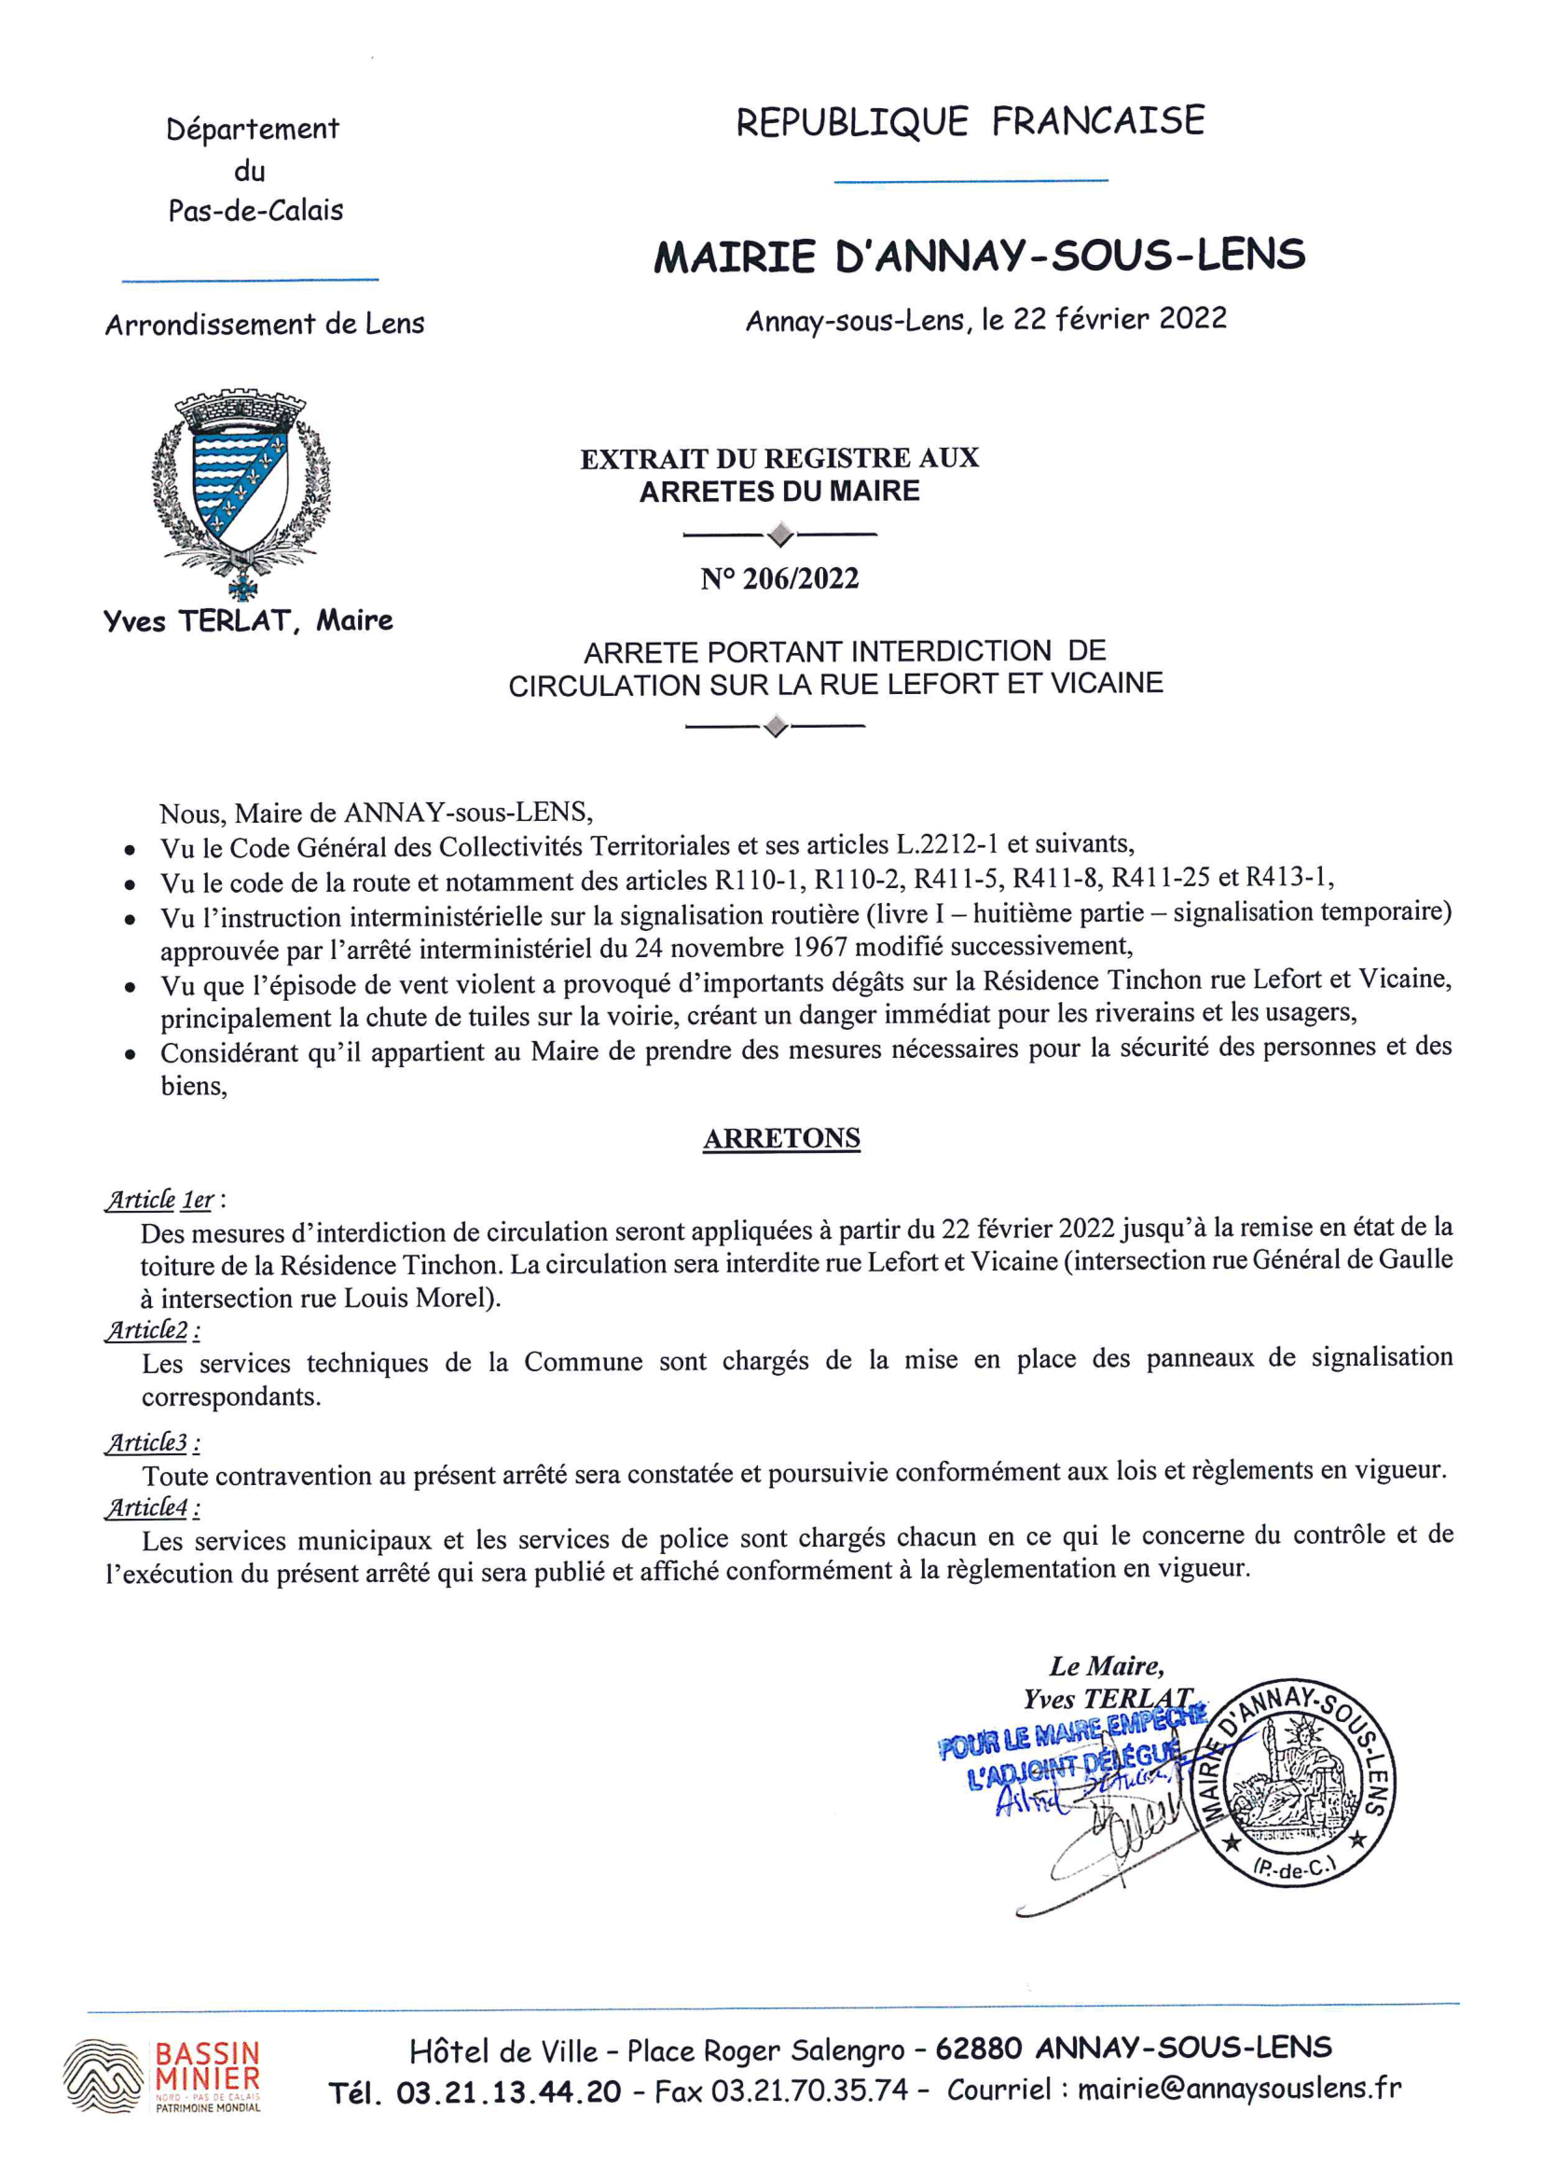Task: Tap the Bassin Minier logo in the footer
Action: point(162,2076)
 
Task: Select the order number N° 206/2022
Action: point(779,578)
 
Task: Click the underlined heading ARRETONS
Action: point(781,1138)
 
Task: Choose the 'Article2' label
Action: point(148,1330)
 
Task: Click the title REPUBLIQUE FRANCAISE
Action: point(970,122)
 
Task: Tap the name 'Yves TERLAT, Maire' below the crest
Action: point(248,621)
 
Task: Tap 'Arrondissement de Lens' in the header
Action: point(265,325)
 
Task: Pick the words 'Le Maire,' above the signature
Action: point(1107,1665)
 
